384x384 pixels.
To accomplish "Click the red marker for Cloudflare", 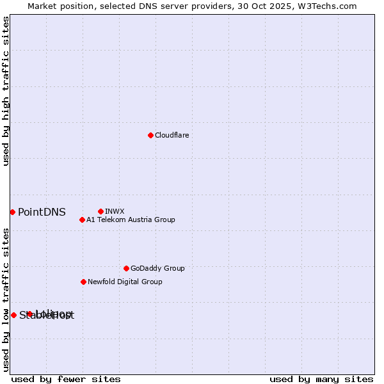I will [x=150, y=135].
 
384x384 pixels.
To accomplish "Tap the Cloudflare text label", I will [x=172, y=135].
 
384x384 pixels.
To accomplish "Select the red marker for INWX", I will [x=100, y=211].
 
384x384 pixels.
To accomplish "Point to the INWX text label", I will [x=115, y=211].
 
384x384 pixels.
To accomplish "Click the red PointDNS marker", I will [x=12, y=212].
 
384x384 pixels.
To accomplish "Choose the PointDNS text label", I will [x=42, y=212].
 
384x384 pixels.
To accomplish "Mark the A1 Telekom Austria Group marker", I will [x=82, y=220].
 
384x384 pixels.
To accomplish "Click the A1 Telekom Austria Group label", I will [x=131, y=220].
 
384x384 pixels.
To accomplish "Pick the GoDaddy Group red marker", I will [x=126, y=268].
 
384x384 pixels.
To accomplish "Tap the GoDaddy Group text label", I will [x=157, y=268].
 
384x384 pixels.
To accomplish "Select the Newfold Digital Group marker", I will [x=83, y=282].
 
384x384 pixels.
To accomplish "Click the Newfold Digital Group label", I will [x=125, y=282].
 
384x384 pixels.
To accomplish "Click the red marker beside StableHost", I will [x=13, y=315].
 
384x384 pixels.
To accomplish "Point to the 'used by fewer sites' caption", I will [x=66, y=380].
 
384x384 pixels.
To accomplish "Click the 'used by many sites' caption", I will [x=321, y=380].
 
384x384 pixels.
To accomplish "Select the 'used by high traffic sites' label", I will [x=6, y=92].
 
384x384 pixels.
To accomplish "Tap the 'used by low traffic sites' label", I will [x=6, y=300].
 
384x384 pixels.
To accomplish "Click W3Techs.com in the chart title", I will [x=329, y=6].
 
